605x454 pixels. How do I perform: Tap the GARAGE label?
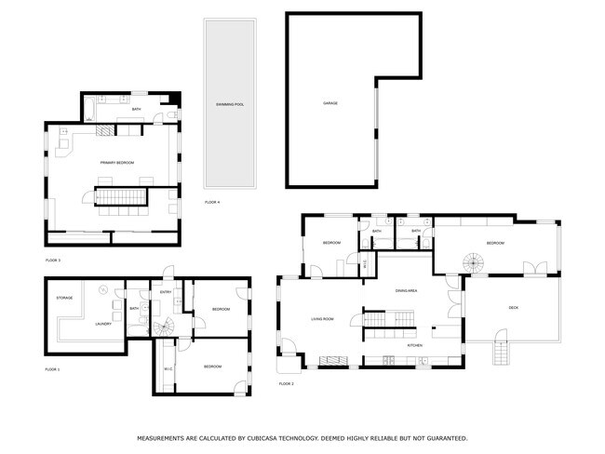tap(330, 102)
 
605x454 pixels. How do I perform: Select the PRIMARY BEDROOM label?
tap(117, 163)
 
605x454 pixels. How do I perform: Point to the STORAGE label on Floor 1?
tap(64, 298)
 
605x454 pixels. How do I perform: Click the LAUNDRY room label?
tap(103, 324)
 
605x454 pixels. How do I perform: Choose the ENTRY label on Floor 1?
tap(166, 292)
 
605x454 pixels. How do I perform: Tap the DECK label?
tap(513, 308)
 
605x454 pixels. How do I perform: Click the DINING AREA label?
tap(406, 291)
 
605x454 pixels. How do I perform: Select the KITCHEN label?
tap(415, 345)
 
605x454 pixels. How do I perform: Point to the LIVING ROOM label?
tap(322, 320)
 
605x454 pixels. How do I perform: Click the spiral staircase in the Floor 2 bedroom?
tap(476, 262)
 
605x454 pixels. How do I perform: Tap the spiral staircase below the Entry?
tap(165, 327)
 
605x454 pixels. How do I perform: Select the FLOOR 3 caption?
tap(52, 260)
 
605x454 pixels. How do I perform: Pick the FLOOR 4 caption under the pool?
tap(212, 202)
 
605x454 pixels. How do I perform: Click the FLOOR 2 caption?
tap(286, 383)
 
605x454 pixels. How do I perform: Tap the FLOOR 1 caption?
tap(52, 369)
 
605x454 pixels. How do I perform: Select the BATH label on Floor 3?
tap(136, 110)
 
